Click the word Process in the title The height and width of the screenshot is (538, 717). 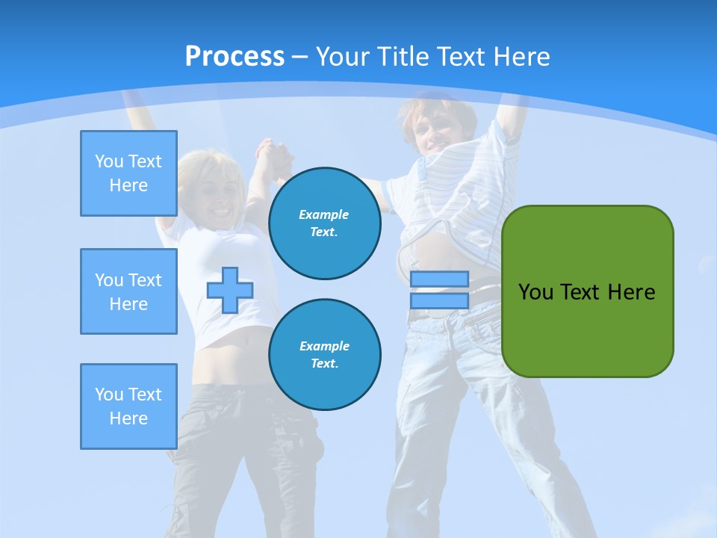(x=235, y=57)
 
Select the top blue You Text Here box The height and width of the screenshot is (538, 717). (x=128, y=173)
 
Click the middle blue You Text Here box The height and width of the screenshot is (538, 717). (x=128, y=291)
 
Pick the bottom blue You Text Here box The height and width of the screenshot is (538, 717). (x=128, y=406)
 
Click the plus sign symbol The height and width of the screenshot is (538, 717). (x=230, y=290)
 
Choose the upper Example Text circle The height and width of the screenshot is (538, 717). (x=324, y=223)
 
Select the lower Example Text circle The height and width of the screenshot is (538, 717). (x=324, y=355)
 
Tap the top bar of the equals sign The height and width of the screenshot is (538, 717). (x=439, y=279)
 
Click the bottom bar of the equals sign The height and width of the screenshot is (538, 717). (x=439, y=300)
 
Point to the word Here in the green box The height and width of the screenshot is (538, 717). (x=631, y=292)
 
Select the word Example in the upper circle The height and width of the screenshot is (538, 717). (x=324, y=214)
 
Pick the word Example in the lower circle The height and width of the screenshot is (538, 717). (x=324, y=346)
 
